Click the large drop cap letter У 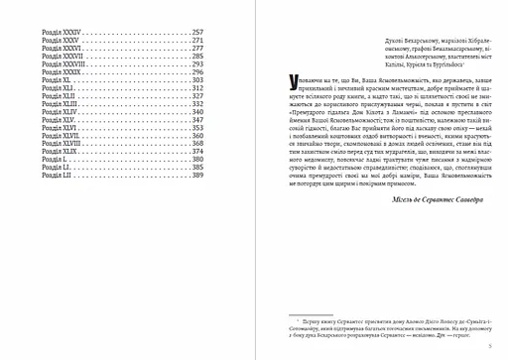pos(288,80)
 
